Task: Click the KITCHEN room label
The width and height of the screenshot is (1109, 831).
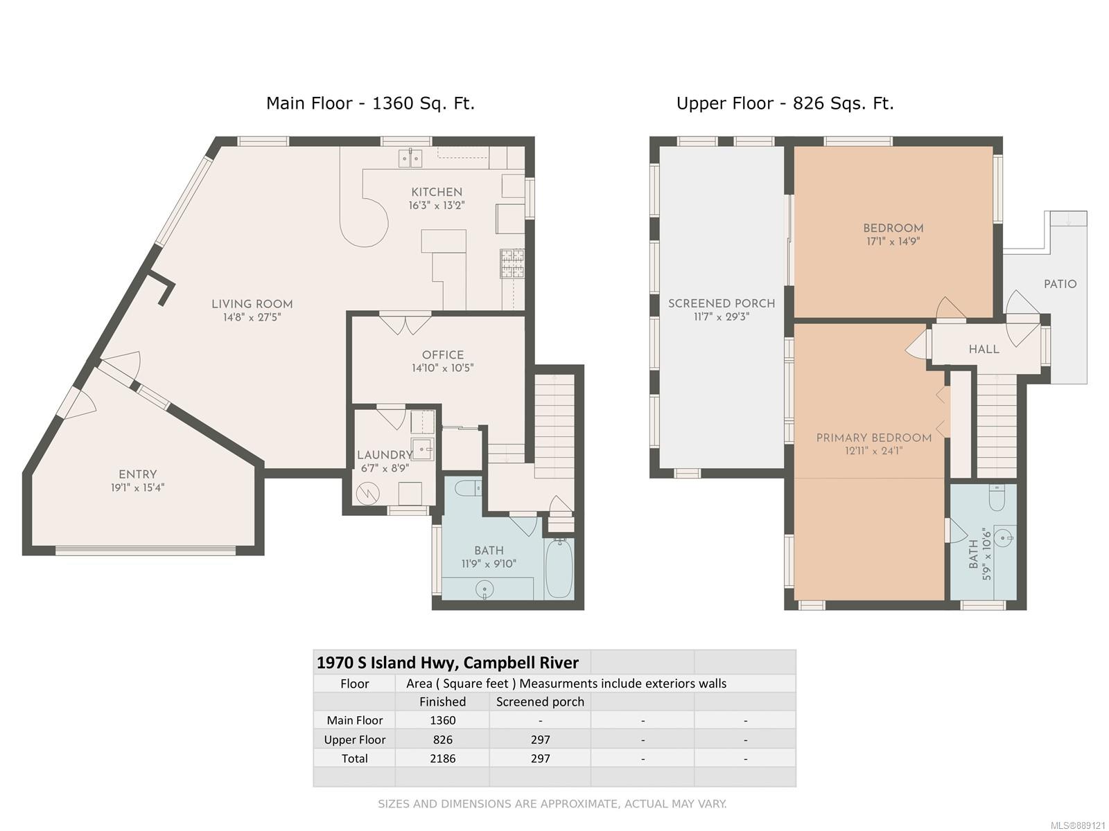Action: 437,193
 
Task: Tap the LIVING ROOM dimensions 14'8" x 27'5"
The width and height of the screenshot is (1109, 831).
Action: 252,317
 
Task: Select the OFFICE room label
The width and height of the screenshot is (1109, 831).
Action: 443,355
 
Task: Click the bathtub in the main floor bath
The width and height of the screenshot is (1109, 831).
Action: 559,568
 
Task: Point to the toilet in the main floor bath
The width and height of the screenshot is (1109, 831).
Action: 467,488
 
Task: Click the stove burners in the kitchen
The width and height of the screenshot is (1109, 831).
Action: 512,263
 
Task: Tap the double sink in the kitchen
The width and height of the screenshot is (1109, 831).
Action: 410,159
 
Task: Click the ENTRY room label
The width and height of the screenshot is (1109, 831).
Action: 137,474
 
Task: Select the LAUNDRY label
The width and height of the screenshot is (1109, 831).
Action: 385,455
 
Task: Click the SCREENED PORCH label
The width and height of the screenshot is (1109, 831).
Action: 722,303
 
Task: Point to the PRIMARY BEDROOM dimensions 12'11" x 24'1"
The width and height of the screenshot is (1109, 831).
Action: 874,451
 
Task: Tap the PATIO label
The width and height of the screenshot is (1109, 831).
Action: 1060,284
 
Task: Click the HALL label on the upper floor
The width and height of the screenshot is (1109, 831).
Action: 984,349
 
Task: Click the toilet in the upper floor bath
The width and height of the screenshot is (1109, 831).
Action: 996,497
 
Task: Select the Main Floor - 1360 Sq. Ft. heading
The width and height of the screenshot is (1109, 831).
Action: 370,103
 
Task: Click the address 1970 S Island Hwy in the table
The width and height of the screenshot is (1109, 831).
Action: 387,663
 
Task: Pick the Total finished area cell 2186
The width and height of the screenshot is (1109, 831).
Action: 443,758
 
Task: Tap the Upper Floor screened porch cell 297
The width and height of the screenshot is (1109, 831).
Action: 540,740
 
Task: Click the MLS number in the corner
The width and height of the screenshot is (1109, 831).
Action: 1078,825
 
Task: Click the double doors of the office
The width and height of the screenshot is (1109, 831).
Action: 405,324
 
